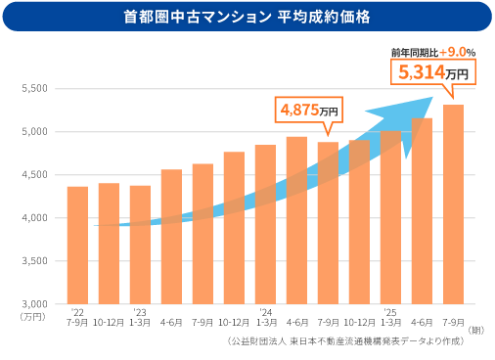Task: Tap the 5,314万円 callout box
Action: [432, 72]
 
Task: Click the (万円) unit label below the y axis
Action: [32, 316]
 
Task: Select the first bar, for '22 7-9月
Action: [77, 245]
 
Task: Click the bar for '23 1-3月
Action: [140, 245]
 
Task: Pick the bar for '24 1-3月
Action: [265, 225]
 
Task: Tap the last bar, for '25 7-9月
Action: [453, 204]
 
